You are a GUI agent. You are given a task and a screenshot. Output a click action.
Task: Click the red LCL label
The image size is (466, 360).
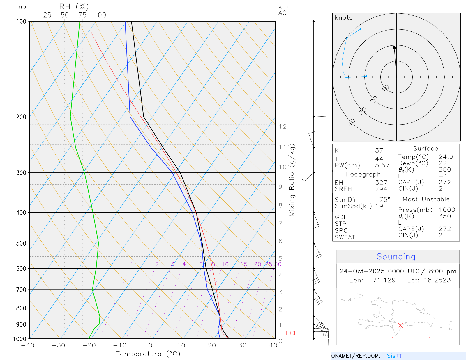(x=291, y=333)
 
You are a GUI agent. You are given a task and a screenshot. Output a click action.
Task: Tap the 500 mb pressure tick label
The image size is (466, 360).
(x=21, y=243)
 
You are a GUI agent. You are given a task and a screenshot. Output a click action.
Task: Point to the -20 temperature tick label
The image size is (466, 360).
(x=89, y=345)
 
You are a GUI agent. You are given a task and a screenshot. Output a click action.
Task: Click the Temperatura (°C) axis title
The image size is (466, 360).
(x=148, y=354)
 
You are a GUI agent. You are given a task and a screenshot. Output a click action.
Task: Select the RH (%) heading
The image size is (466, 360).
(x=74, y=7)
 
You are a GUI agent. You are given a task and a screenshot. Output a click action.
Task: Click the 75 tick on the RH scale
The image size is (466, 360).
(x=82, y=15)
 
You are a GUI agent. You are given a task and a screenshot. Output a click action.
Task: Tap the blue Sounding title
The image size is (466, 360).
(x=396, y=257)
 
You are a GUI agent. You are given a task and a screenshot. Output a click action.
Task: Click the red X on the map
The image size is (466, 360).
(x=400, y=325)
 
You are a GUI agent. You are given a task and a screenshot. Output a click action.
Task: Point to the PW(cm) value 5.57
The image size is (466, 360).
(x=382, y=165)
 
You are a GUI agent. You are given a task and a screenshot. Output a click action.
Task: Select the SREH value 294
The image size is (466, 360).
(x=381, y=189)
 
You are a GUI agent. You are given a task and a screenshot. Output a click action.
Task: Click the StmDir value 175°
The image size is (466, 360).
(x=383, y=200)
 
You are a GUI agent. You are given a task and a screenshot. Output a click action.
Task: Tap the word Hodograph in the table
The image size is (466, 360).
(x=363, y=174)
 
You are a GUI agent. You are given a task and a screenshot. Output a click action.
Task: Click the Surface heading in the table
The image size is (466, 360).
(x=425, y=149)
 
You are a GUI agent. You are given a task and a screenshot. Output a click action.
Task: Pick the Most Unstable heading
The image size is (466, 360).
(x=426, y=200)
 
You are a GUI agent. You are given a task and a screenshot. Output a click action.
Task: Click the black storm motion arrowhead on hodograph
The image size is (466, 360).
(x=394, y=47)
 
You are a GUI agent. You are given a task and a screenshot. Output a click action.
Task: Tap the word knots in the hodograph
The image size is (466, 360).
(x=343, y=18)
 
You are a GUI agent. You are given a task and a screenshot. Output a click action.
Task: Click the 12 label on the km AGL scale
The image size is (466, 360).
(x=283, y=127)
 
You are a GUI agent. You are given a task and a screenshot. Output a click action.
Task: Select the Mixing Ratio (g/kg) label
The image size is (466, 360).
(x=292, y=180)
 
